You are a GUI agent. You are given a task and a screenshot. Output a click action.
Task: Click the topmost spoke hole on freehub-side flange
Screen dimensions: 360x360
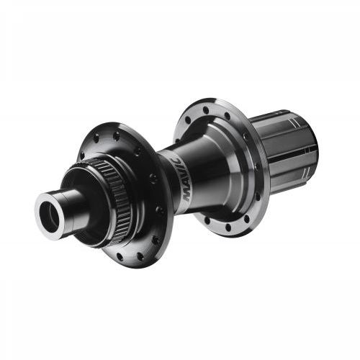206,110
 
